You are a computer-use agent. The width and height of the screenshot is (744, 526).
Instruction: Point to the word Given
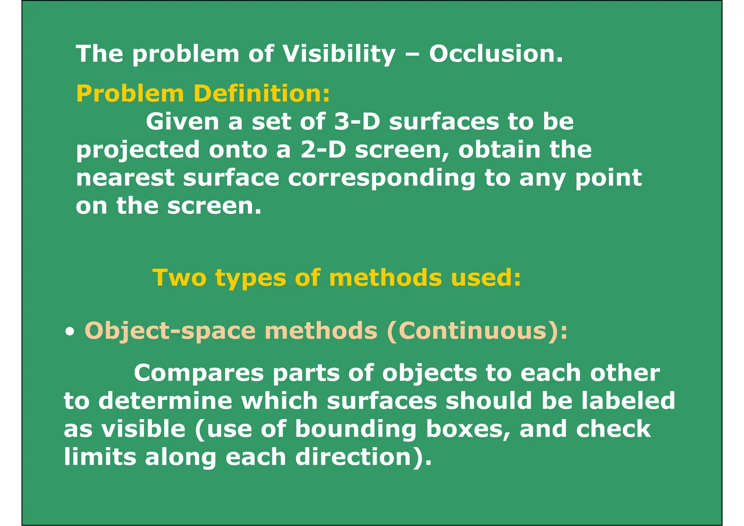182,122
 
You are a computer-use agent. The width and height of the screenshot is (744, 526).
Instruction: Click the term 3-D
357,122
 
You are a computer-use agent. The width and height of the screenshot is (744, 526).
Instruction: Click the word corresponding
381,179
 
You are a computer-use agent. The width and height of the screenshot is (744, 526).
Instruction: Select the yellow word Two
179,278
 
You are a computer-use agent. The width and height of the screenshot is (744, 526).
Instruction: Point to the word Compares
199,373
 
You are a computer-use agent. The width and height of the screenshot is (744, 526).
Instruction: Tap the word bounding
356,429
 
